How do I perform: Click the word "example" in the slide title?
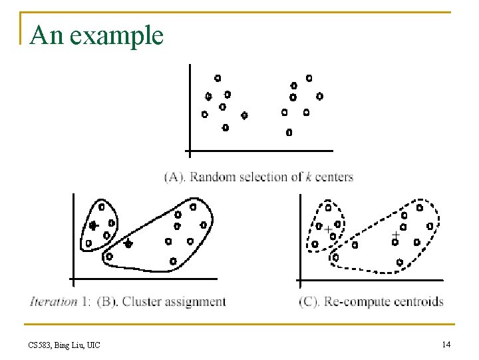point(116,35)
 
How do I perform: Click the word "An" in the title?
point(46,35)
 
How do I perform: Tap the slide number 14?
point(446,344)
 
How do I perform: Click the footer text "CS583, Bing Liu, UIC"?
point(65,345)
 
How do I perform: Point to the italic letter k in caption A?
point(309,177)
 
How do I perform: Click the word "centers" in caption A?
point(335,177)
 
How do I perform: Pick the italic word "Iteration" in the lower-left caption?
point(53,301)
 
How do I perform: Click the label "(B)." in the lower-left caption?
point(108,301)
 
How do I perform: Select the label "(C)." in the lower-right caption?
point(310,301)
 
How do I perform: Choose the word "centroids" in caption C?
point(417,301)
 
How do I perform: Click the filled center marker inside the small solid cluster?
point(93,225)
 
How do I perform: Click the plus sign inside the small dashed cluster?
point(328,229)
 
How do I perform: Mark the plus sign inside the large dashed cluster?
point(396,235)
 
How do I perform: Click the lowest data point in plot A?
point(289,133)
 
